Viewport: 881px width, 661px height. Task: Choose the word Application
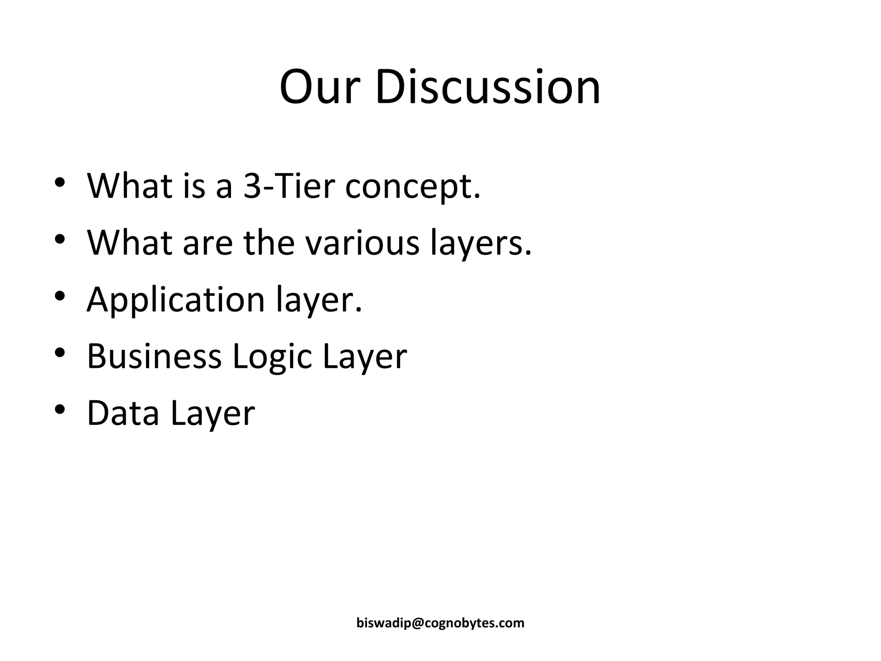coord(176,300)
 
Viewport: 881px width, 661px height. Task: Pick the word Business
coord(154,356)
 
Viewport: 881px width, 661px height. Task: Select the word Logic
coord(272,357)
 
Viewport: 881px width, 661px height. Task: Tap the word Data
coord(123,413)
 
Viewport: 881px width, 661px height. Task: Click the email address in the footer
coord(440,623)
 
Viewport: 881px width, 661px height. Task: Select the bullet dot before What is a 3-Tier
coord(60,182)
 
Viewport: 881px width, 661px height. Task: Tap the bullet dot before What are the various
coord(60,238)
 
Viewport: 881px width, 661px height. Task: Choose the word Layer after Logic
coord(364,357)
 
